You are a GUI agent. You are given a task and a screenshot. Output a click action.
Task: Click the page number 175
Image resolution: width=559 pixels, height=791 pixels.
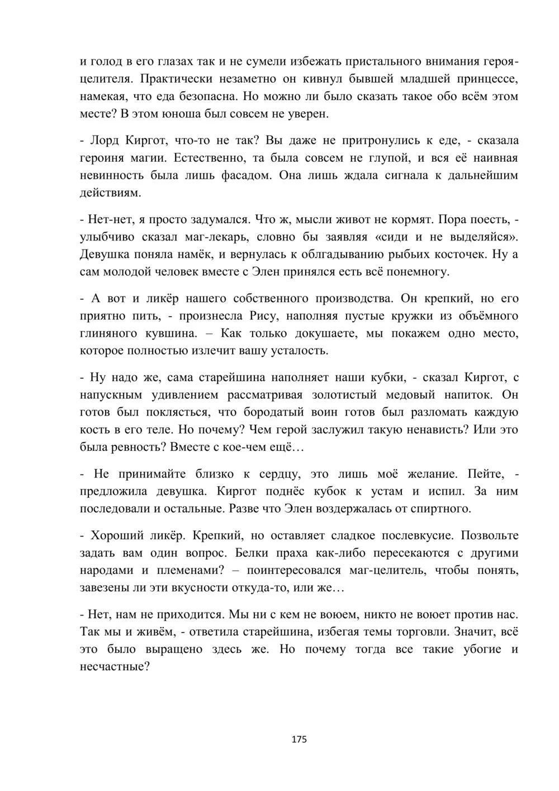pyautogui.click(x=299, y=739)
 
